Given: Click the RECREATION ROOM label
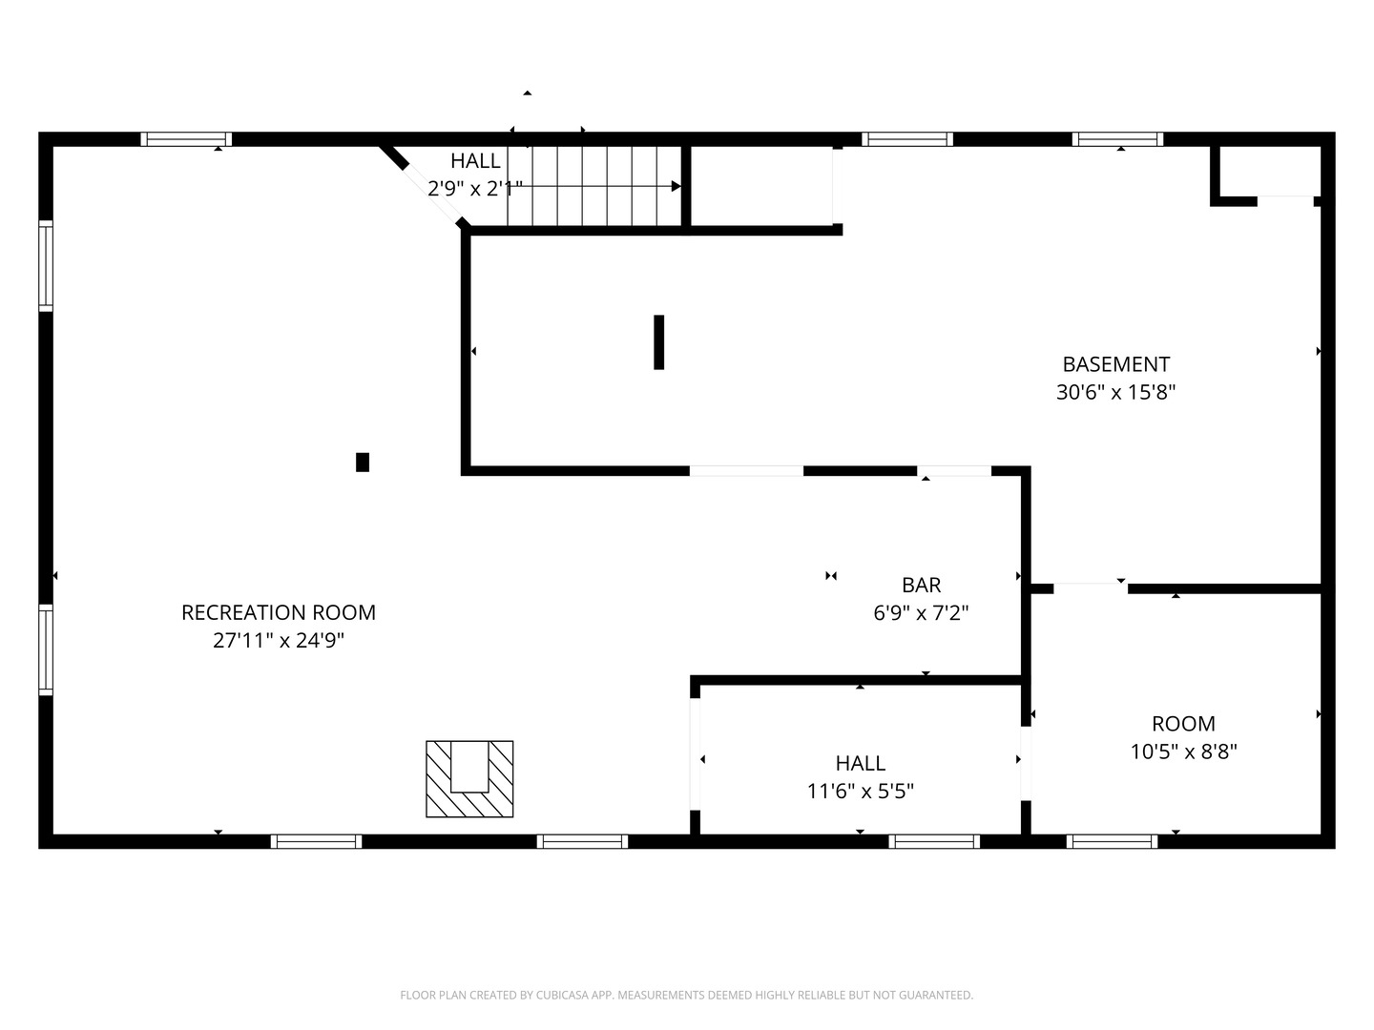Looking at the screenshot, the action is point(279,612).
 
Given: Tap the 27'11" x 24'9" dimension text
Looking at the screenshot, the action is point(279,640).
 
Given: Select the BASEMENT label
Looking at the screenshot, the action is point(1116,364).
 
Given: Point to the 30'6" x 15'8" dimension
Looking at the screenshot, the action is point(1116,392).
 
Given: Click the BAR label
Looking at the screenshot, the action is point(922,585).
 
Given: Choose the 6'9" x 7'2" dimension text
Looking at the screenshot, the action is point(922,613).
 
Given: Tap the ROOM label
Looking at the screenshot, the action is point(1184,724).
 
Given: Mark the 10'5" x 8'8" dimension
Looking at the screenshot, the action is point(1184,752).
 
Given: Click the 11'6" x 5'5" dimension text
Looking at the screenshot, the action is point(861,792).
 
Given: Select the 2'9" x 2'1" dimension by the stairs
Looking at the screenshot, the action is point(475,188).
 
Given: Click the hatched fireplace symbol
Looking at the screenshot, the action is point(469,778).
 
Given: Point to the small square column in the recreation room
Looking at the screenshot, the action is point(363,463).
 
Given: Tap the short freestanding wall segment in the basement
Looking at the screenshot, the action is point(658,342).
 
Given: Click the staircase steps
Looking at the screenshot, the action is point(594,186).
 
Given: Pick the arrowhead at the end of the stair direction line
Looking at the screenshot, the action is point(677,186).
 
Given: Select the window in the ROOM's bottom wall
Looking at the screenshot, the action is point(1113,841).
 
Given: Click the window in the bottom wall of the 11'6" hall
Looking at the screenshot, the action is point(934,841).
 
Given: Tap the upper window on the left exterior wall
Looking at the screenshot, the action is point(46,266).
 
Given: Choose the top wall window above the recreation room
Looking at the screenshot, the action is point(186,139).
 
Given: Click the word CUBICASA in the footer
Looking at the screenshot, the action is point(559,995).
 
